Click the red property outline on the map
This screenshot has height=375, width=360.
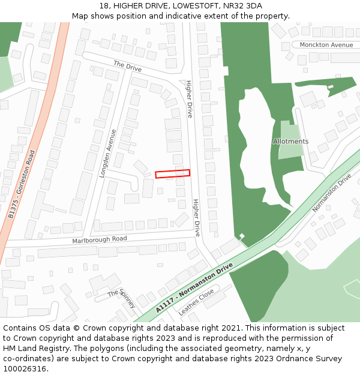[172, 173]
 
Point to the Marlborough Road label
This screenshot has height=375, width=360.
[100, 239]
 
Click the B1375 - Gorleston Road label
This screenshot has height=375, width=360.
[23, 183]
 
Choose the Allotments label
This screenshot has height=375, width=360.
[290, 142]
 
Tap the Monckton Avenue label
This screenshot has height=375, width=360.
[326, 45]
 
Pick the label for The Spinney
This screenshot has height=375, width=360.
[122, 298]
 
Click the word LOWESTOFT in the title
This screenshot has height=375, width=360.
[191, 5]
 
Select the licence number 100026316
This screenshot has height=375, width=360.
[25, 369]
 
